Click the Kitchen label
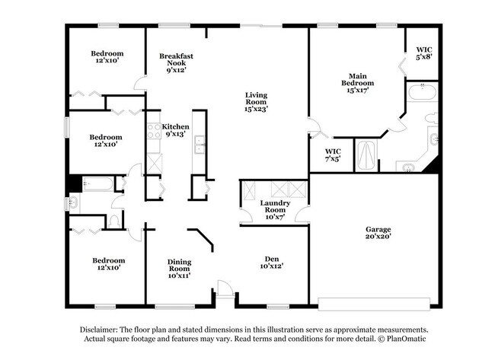click(176, 126)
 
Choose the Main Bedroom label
click(358, 77)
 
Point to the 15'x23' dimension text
click(256, 109)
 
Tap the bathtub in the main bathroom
click(421, 94)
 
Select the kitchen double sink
click(200, 145)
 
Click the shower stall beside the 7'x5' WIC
click(368, 155)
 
